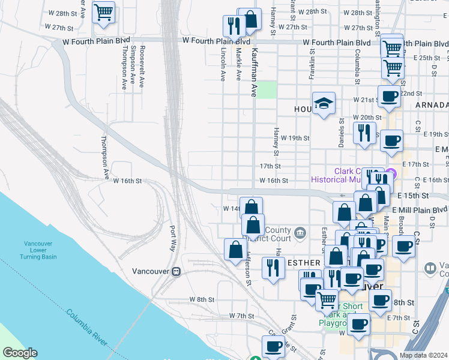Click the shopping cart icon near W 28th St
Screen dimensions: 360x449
coord(104,12)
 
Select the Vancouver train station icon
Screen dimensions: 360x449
coord(176,271)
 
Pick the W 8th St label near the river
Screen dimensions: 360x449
coord(202,299)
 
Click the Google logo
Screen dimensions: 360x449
coord(20,353)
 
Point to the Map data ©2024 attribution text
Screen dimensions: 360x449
coord(424,355)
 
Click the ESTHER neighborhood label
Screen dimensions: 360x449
coord(307,263)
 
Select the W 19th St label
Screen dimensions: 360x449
coord(294,138)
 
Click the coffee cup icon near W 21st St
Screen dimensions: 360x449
coord(388,96)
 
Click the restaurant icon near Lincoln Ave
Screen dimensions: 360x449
coord(232,25)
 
